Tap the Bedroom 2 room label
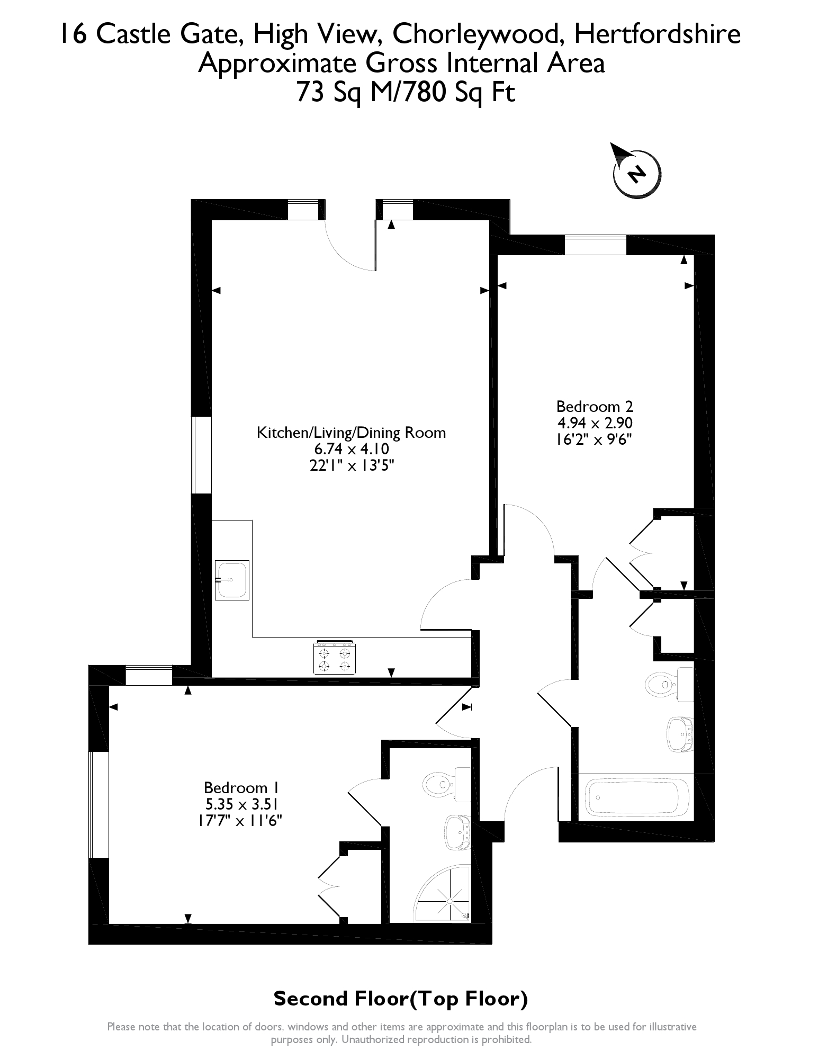tap(595, 407)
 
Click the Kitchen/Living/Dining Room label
tap(351, 433)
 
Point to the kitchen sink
tap(232, 580)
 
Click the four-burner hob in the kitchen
tap(334, 658)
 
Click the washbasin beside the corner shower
tap(457, 832)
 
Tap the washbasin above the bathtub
tap(680, 734)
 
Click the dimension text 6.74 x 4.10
tap(352, 449)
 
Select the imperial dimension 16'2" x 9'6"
tap(595, 439)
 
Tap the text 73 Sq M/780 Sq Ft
tap(406, 93)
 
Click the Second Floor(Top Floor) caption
tap(401, 999)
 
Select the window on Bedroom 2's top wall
tap(595, 245)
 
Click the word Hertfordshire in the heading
tap(657, 34)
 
